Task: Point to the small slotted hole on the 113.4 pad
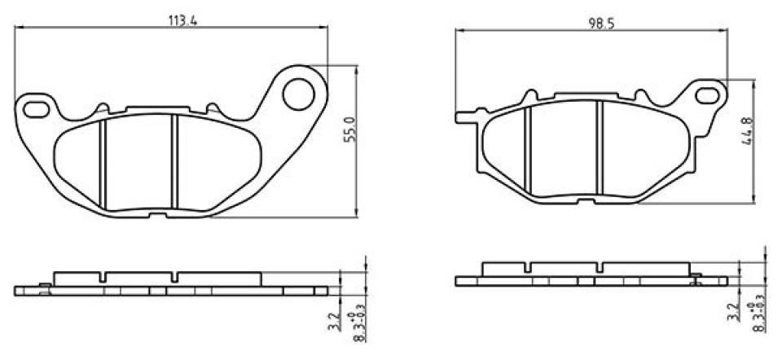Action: [37, 106]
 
